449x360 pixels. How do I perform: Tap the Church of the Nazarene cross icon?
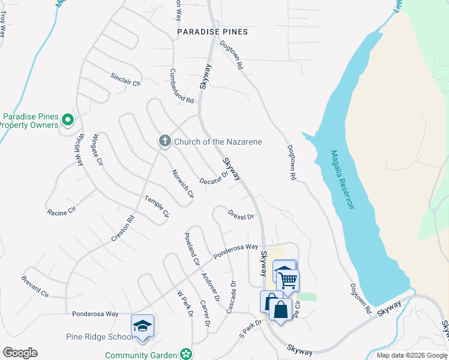pos(164,141)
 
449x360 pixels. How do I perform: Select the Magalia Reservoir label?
pos(340,179)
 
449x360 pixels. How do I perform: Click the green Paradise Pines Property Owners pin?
pos(68,120)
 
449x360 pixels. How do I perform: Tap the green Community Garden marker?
pos(187,355)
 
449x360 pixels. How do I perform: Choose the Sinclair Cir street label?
pos(125,79)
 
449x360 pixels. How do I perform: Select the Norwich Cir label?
pos(183,184)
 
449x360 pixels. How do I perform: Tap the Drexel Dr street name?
pos(241,214)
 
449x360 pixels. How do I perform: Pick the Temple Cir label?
pos(158,206)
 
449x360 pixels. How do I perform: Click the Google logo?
pos(20,353)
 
